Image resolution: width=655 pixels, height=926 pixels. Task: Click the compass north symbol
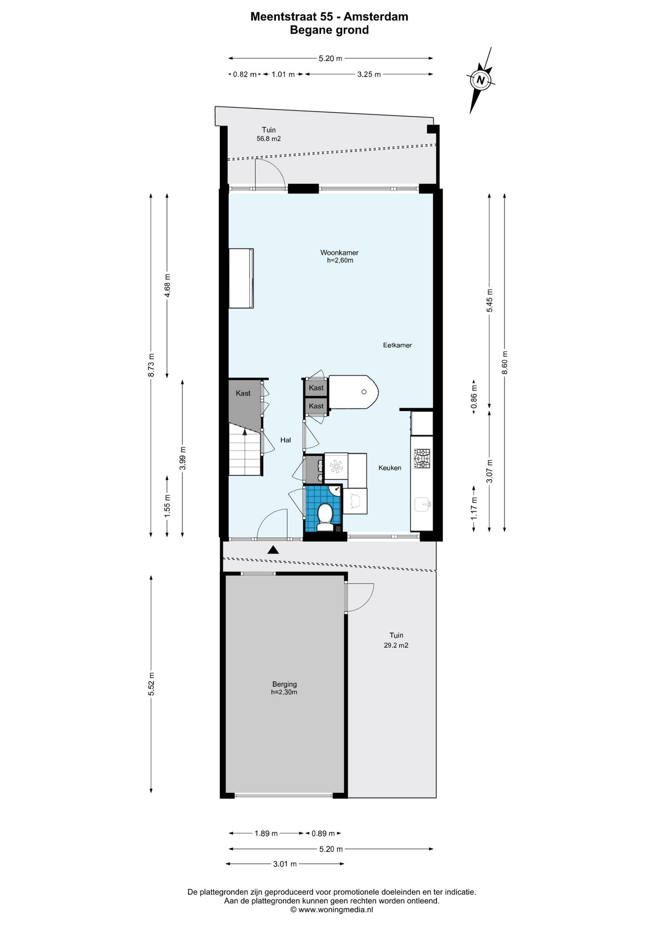[480, 80]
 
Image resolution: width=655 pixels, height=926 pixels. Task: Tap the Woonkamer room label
[339, 253]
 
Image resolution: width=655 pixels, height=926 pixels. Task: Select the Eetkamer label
[397, 345]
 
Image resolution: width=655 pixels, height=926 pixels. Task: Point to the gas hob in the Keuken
[422, 459]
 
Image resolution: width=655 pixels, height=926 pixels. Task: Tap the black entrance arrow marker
[273, 549]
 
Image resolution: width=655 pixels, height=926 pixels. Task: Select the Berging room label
[285, 684]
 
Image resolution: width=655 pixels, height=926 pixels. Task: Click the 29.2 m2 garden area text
[396, 645]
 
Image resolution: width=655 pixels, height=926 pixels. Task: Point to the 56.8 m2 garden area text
[269, 138]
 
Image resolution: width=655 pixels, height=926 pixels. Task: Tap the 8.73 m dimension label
[151, 365]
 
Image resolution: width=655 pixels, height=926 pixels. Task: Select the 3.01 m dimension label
[285, 864]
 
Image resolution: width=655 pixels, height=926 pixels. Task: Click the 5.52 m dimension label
[151, 683]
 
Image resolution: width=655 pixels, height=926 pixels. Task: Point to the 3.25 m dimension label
[369, 74]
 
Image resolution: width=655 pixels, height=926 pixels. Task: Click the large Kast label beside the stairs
[243, 394]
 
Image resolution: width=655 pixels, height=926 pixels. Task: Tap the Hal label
[286, 440]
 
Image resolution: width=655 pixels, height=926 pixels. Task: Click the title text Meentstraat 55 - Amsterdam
[329, 16]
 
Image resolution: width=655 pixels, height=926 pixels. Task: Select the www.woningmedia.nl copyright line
[331, 910]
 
